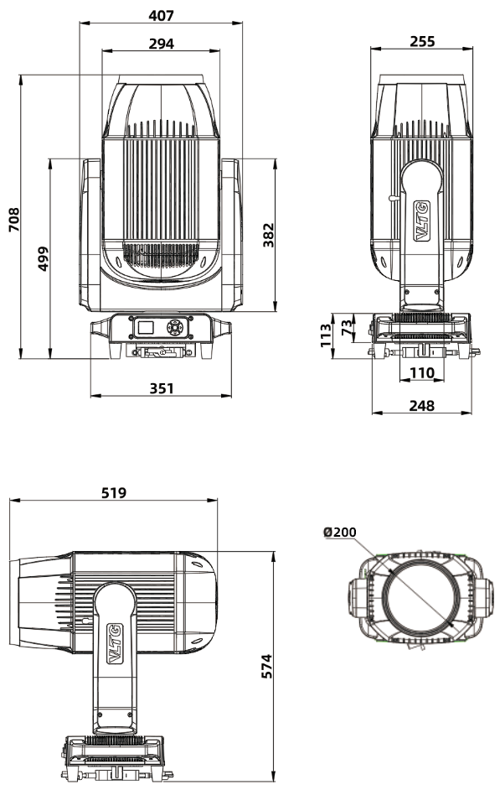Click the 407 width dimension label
click(x=161, y=14)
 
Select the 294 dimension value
click(x=161, y=44)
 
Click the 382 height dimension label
click(x=269, y=235)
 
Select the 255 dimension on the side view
click(x=423, y=41)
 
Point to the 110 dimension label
click(x=421, y=372)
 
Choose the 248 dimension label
click(x=422, y=405)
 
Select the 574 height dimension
click(x=267, y=665)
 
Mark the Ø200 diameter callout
click(x=339, y=532)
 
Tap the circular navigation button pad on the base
click(x=174, y=328)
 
